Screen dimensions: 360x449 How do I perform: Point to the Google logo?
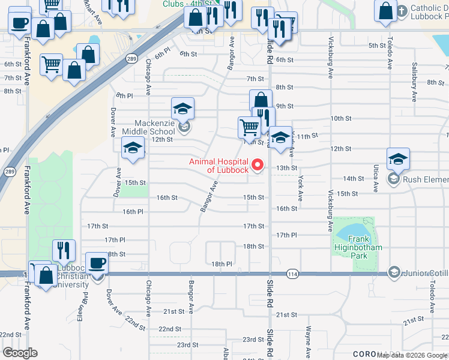coord(19,353)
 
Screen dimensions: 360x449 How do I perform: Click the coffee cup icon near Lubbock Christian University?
coord(97,262)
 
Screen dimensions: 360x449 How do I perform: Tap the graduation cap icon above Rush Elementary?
coord(398,159)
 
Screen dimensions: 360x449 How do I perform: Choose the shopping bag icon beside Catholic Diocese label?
coord(385,10)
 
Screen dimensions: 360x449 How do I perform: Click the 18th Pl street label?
coord(221,264)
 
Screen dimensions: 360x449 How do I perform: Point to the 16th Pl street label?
coord(133,212)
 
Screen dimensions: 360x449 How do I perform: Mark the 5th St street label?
coord(376,46)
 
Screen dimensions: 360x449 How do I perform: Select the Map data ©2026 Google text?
coord(411,355)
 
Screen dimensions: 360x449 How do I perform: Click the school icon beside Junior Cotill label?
coord(394,272)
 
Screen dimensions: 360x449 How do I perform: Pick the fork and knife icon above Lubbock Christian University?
coord(64,250)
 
